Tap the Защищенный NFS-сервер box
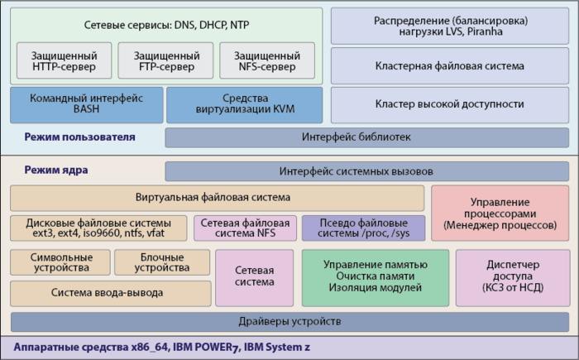pos(266,60)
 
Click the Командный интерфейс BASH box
pos(86,104)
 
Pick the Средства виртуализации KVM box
pos(244,104)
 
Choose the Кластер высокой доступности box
pos(449,104)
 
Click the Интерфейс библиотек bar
pos(366,137)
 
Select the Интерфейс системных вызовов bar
pos(366,171)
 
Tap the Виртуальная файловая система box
pos(217,198)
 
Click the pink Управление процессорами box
pos(500,213)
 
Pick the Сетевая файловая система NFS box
pos(245,228)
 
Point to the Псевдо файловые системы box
pos(363,228)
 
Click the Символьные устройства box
pos(59,262)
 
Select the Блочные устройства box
pos(162,262)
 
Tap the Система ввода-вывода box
pos(108,293)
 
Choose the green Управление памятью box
pos(375,276)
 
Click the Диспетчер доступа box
pos(509,276)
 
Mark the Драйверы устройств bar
pos(289,321)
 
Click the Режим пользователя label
pos(80,137)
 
